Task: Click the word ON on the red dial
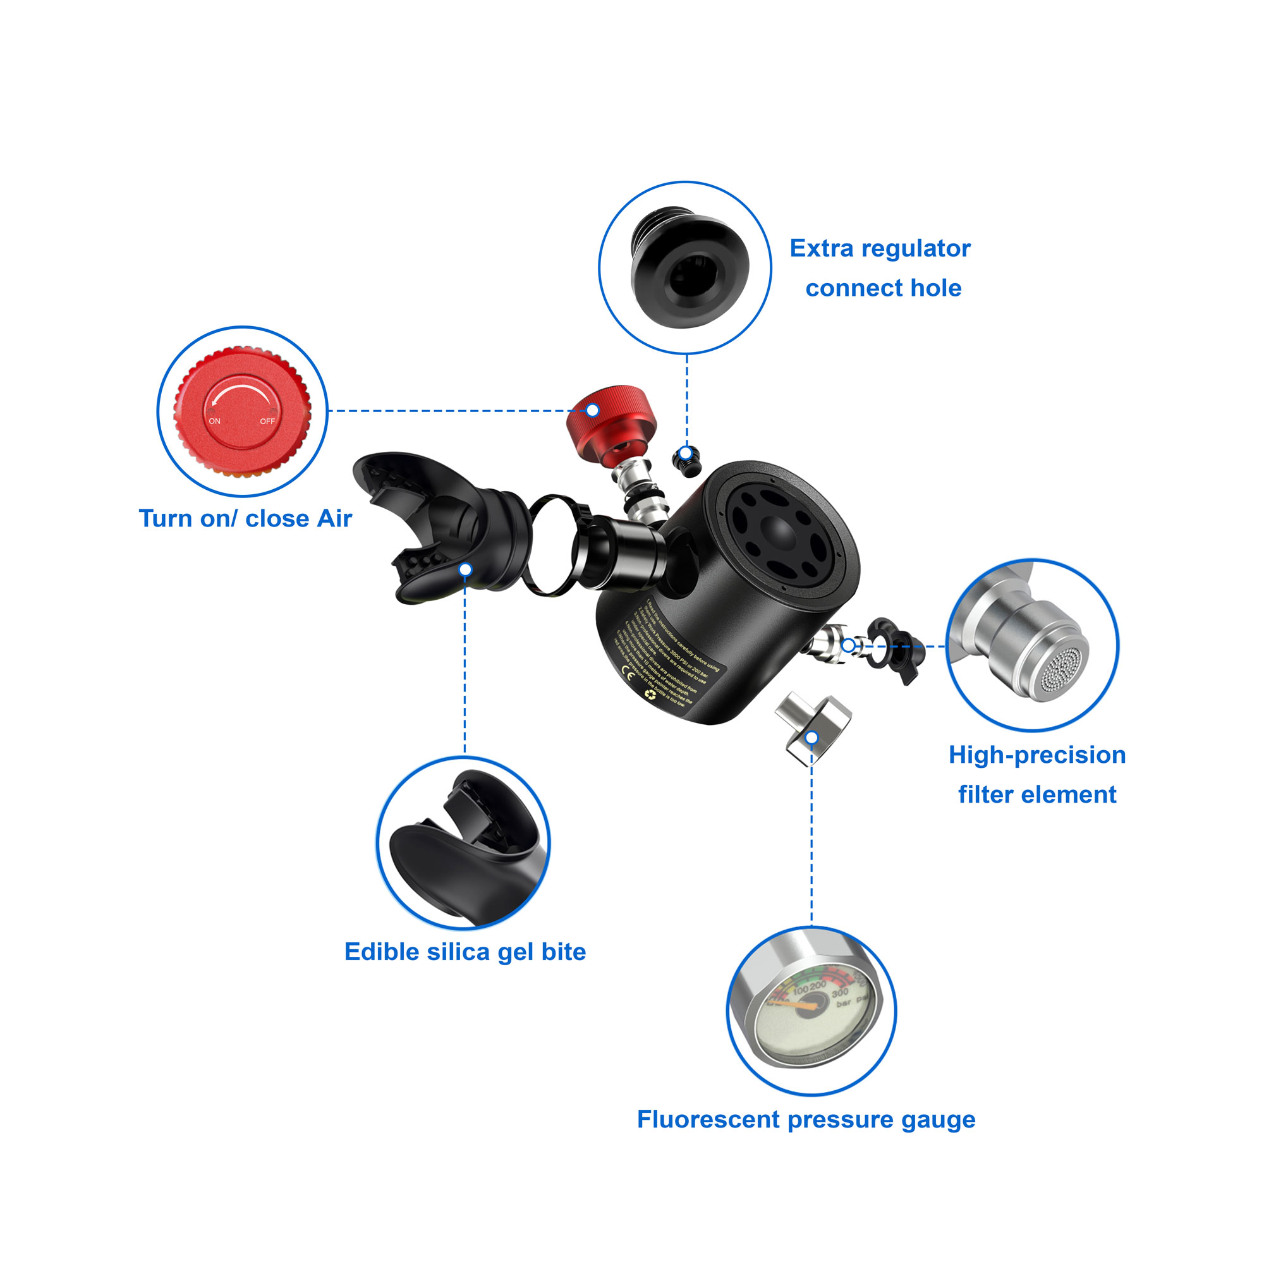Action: click(x=215, y=422)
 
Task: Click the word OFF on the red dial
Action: click(x=267, y=422)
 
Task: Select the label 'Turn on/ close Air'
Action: click(x=245, y=519)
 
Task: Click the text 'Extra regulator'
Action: click(x=880, y=248)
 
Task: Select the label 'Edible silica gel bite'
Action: click(x=465, y=952)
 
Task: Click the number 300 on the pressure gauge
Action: click(x=840, y=993)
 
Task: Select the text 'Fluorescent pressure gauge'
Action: click(x=806, y=1119)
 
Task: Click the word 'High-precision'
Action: click(x=1037, y=755)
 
